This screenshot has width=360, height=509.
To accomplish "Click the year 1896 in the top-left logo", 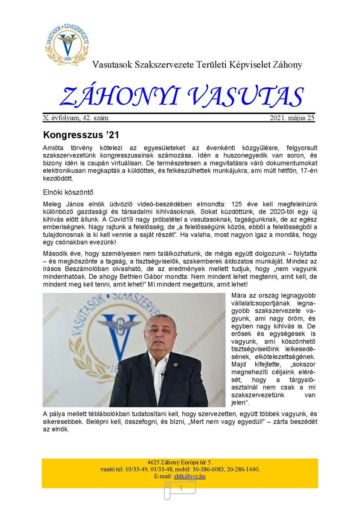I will click(68, 59).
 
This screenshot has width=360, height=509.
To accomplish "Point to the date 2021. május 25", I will click(292, 118).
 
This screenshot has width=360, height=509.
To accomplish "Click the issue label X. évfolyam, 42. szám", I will click(76, 118).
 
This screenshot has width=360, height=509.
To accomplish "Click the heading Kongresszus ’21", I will click(81, 135).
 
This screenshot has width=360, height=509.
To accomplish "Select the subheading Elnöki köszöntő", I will click(68, 192).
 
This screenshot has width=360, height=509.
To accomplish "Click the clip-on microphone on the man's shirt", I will click(163, 374).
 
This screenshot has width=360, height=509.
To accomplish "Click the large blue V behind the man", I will click(118, 336).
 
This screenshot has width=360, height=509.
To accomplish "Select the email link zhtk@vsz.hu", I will click(190, 476).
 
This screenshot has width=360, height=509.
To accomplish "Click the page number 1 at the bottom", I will click(181, 488).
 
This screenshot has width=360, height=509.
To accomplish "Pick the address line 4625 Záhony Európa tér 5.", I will click(180, 462).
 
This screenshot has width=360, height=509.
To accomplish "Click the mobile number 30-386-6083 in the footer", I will click(212, 469).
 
